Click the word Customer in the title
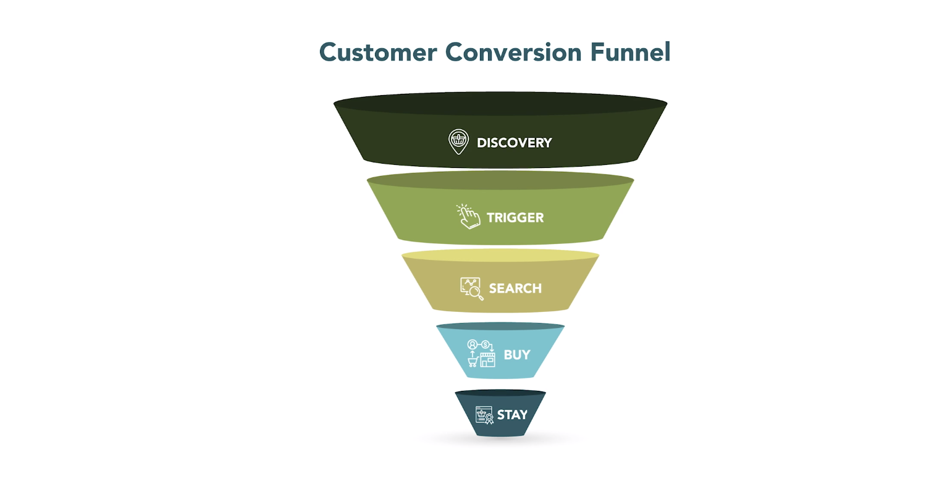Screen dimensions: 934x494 (378, 52)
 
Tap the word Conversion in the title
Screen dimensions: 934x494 (513, 52)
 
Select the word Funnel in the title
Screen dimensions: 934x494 (631, 52)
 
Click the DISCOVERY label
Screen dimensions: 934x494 (514, 143)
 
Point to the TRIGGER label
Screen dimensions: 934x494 (515, 217)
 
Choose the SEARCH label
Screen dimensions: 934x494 (515, 288)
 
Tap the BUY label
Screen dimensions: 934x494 (517, 355)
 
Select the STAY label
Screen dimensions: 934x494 (512, 415)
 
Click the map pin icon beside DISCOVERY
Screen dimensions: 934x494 (458, 142)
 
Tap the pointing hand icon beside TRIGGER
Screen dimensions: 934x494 (468, 216)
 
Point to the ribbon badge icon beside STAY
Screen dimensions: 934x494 (489, 419)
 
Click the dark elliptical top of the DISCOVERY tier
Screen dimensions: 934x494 (500, 104)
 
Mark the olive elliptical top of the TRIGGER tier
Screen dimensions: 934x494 (500, 180)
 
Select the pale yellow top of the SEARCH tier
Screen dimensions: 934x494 (500, 255)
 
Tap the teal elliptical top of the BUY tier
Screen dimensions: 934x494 (500, 326)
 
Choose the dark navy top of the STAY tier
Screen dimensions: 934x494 (500, 393)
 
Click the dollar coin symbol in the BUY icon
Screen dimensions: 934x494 (486, 345)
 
